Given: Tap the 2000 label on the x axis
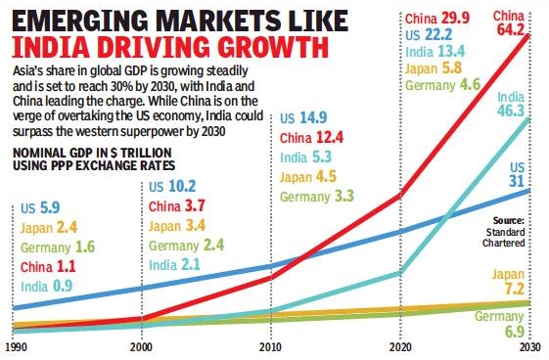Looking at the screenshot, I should coord(142,346).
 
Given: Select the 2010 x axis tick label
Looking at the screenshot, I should coord(271,346).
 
